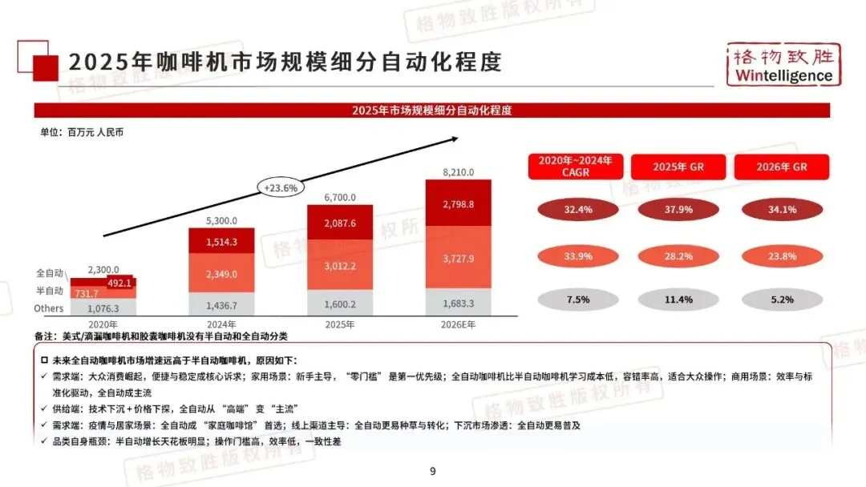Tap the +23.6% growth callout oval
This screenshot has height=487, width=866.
coord(281,187)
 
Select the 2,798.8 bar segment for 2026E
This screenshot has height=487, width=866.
coord(458,204)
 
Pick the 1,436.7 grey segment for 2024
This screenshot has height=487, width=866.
coord(221,305)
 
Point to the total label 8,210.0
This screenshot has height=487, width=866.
coord(458,172)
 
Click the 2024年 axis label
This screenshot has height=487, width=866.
coord(221,324)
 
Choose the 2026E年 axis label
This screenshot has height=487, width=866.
coord(458,324)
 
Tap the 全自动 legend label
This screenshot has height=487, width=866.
coord(50,273)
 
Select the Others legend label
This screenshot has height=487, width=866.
coord(49,309)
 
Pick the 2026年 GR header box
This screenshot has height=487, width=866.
coord(782,167)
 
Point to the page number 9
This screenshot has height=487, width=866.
coord(433,472)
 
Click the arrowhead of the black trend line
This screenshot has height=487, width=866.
coord(454,139)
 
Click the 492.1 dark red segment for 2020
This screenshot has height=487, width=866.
coord(121,282)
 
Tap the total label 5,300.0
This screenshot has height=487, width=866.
coord(221,220)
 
